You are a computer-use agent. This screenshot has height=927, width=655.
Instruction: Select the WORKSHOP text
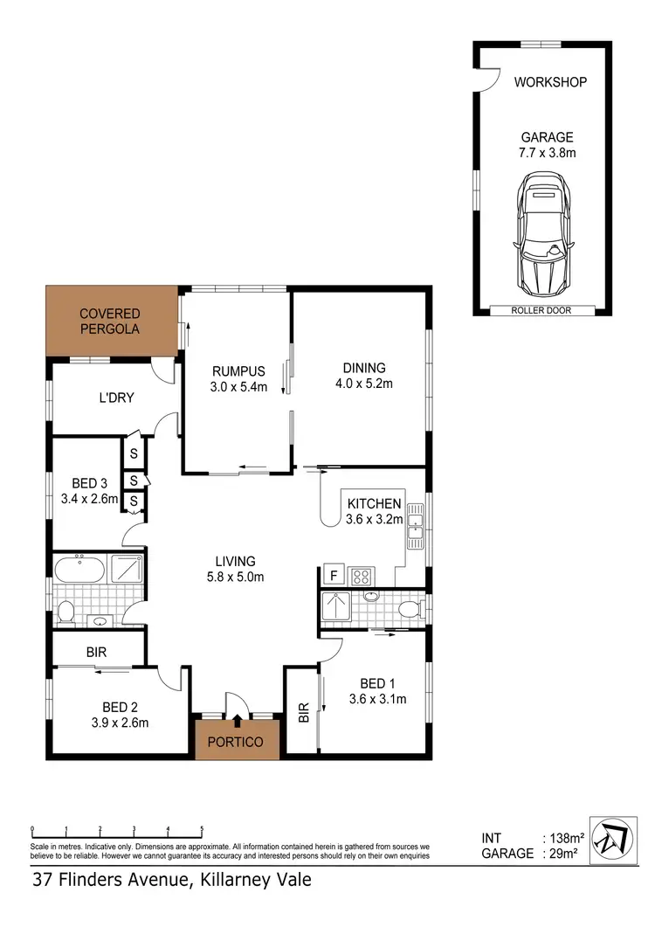click(549, 82)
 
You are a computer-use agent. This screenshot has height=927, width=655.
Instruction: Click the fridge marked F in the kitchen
click(332, 575)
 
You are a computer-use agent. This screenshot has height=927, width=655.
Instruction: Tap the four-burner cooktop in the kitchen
click(362, 576)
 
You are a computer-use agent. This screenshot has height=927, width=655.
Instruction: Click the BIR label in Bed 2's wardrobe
click(96, 652)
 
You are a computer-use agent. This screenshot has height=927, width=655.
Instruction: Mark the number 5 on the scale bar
click(203, 828)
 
